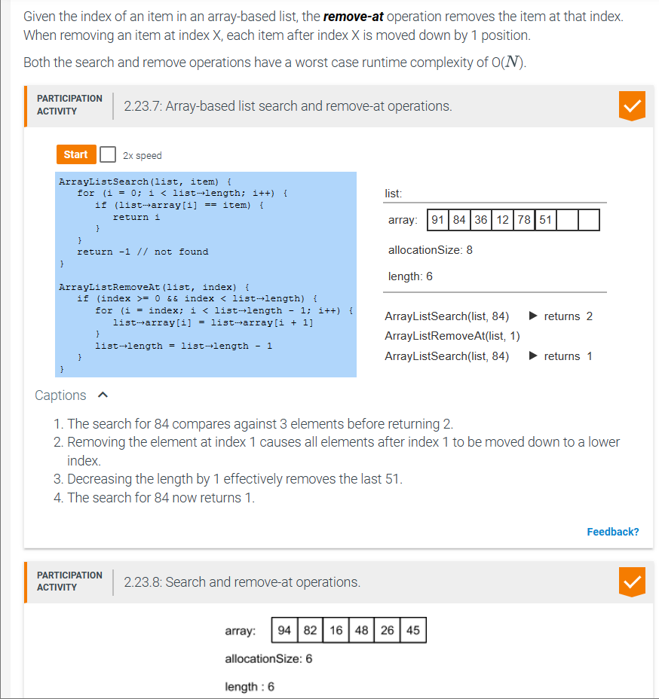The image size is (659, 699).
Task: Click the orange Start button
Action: (76, 154)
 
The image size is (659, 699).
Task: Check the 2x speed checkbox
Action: (108, 154)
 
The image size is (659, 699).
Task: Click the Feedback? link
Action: (612, 532)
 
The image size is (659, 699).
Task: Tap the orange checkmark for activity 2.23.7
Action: (632, 106)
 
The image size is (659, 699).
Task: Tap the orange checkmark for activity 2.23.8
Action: (632, 581)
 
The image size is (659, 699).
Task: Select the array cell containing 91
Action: (437, 220)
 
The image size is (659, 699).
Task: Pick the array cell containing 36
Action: (481, 220)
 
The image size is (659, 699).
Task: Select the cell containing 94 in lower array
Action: (285, 630)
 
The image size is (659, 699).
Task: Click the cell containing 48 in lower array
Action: (361, 630)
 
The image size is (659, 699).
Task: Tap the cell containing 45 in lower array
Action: (412, 630)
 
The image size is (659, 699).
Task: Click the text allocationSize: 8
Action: (430, 249)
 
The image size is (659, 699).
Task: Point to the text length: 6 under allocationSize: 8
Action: (410, 276)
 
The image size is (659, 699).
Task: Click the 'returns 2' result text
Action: (568, 316)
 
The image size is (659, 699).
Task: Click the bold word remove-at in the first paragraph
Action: (353, 17)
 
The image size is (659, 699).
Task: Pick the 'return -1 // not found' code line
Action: (143, 252)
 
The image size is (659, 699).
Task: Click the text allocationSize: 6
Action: (268, 658)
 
